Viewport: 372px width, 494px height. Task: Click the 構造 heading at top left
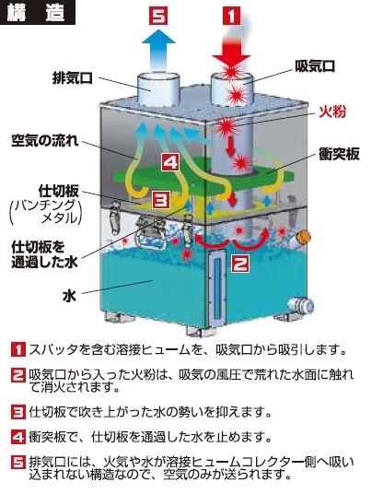(36, 13)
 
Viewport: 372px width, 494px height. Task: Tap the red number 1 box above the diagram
(232, 16)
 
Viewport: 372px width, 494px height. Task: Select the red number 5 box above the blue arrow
(158, 16)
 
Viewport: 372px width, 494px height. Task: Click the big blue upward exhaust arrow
(158, 51)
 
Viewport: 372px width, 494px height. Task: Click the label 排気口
(73, 78)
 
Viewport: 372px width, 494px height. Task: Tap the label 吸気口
(315, 65)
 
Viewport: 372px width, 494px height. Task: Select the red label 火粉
(332, 112)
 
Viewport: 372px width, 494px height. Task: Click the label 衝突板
(339, 154)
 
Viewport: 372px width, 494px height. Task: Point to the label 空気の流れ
(45, 141)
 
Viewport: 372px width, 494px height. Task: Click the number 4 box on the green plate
(171, 162)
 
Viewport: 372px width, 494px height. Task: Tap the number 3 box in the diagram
(161, 199)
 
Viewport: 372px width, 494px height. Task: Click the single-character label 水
(69, 296)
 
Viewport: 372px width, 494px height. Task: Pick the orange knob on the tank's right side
(305, 236)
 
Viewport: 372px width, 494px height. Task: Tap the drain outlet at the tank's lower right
(301, 304)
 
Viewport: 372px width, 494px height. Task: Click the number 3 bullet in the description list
(17, 412)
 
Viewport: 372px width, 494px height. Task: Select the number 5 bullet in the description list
(17, 463)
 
